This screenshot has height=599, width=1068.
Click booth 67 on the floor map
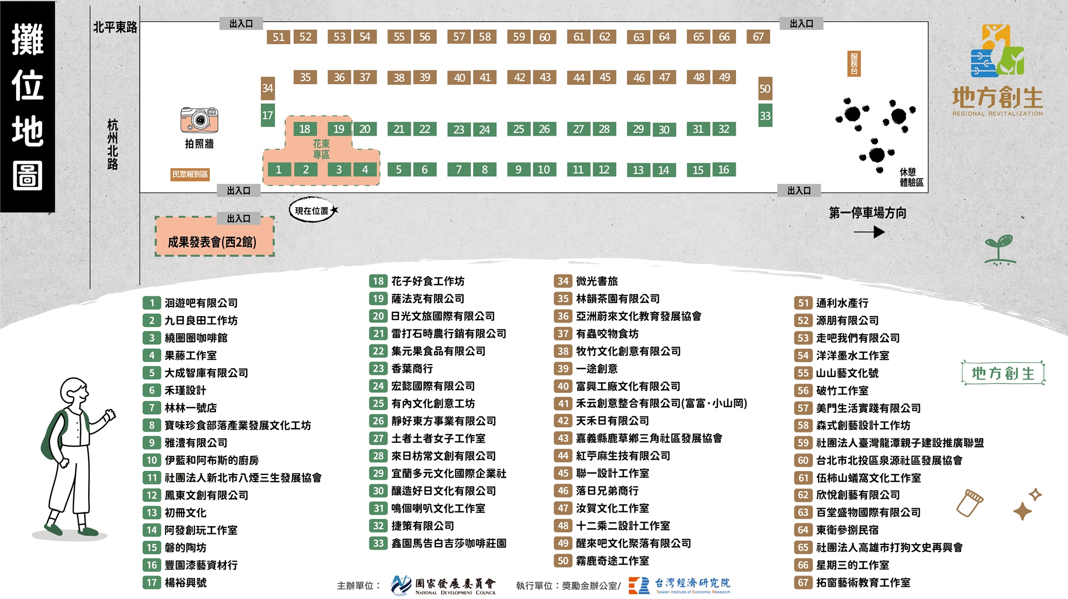pyautogui.click(x=758, y=37)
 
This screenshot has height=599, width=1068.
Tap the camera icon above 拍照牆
pyautogui.click(x=199, y=120)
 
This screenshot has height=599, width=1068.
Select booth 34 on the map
pyautogui.click(x=268, y=88)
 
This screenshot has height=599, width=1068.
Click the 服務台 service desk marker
pyautogui.click(x=854, y=64)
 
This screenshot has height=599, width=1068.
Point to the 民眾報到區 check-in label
pyautogui.click(x=190, y=174)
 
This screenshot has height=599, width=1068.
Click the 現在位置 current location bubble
pyautogui.click(x=312, y=210)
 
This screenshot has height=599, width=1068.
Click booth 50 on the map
pyautogui.click(x=765, y=89)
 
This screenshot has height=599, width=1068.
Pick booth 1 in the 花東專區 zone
pyautogui.click(x=278, y=170)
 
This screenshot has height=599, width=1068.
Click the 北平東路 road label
pyautogui.click(x=115, y=27)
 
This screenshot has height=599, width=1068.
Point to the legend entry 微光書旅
pyautogui.click(x=596, y=281)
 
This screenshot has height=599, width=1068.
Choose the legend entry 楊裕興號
pyautogui.click(x=185, y=582)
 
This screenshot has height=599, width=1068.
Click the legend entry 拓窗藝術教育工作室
pyautogui.click(x=863, y=582)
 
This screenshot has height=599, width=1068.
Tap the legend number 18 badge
pyautogui.click(x=378, y=281)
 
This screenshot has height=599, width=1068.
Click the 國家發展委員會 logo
pyautogui.click(x=443, y=586)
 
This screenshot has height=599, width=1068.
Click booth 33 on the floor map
pyautogui.click(x=765, y=116)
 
